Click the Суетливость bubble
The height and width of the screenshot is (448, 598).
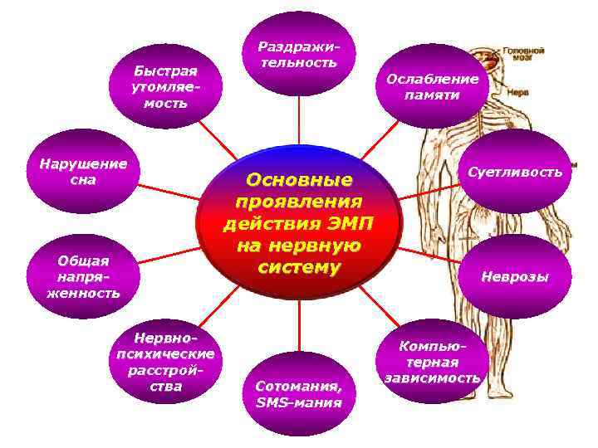pyautogui.click(x=515, y=173)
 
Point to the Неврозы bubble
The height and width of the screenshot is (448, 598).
pyautogui.click(x=515, y=277)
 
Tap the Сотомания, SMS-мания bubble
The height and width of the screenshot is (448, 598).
pyautogui.click(x=298, y=394)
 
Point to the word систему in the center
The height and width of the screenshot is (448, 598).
pyautogui.click(x=298, y=267)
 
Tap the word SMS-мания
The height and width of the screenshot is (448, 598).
pyautogui.click(x=298, y=403)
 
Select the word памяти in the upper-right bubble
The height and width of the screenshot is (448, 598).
pyautogui.click(x=432, y=95)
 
